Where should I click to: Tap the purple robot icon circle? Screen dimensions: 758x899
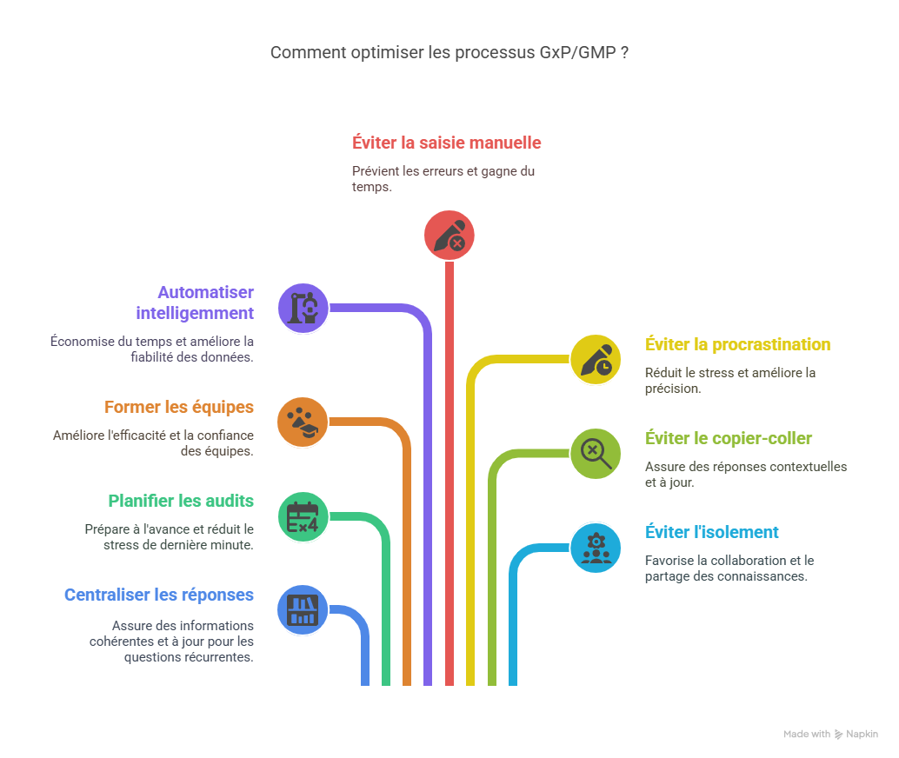coord(303,307)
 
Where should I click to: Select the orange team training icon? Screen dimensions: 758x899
coord(303,422)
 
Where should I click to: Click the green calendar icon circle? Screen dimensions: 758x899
coord(303,516)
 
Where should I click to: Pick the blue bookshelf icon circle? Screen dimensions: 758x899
coord(303,609)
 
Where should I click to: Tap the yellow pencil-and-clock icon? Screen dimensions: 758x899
coord(596,359)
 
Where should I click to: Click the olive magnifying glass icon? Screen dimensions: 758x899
coord(596,453)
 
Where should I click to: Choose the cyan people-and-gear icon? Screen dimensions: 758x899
coord(596,548)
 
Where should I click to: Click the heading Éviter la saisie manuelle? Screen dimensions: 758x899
coord(447,143)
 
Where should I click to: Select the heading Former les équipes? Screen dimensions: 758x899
coord(179,407)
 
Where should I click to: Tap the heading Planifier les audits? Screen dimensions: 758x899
coord(181,501)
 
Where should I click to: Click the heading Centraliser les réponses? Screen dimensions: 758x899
coord(159,595)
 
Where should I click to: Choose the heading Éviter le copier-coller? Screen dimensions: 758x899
coord(729,438)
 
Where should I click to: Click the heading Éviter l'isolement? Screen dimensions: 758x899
coord(711,532)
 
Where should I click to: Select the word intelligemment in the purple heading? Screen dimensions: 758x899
coord(195,313)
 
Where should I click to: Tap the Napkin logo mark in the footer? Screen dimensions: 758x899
coord(839,735)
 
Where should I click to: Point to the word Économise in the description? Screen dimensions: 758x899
coord(81,341)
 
